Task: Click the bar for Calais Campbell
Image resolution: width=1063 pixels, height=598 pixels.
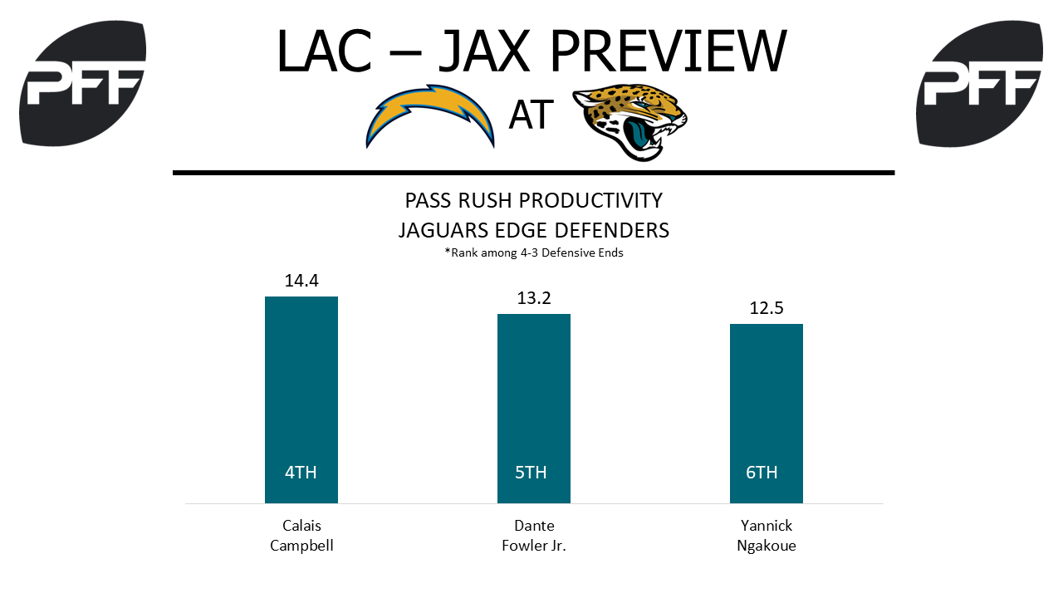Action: click(x=301, y=399)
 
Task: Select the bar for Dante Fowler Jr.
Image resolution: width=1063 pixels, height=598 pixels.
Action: click(x=534, y=408)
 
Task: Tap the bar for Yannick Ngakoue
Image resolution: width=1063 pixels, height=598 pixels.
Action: click(x=767, y=414)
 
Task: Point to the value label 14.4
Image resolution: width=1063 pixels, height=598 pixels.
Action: click(x=301, y=281)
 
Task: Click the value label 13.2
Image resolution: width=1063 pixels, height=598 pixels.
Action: click(x=534, y=298)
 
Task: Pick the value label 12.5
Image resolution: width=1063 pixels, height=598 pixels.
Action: click(x=767, y=308)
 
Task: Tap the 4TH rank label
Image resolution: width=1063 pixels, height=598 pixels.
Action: click(x=301, y=473)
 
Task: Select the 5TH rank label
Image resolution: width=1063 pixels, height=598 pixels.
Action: click(x=531, y=473)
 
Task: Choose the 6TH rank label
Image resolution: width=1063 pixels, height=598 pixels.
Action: click(x=762, y=473)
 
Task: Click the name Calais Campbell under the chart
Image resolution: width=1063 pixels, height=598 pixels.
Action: click(x=301, y=536)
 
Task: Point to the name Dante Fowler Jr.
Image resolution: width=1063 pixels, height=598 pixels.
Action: click(x=534, y=536)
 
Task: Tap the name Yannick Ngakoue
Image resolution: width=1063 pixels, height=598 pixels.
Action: click(x=767, y=536)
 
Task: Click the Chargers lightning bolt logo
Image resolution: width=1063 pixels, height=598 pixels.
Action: click(x=429, y=115)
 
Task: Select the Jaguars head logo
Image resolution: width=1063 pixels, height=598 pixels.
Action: click(x=630, y=121)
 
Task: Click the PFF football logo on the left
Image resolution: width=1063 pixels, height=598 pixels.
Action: click(x=82, y=83)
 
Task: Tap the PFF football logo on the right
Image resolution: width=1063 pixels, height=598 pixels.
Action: click(x=979, y=83)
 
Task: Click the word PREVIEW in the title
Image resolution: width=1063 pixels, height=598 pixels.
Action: click(x=669, y=51)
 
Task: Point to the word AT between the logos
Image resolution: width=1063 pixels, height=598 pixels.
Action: click(x=531, y=115)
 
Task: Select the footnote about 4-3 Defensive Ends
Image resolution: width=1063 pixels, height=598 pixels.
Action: click(x=534, y=252)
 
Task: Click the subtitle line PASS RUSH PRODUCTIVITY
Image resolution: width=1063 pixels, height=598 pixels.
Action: click(x=534, y=200)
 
